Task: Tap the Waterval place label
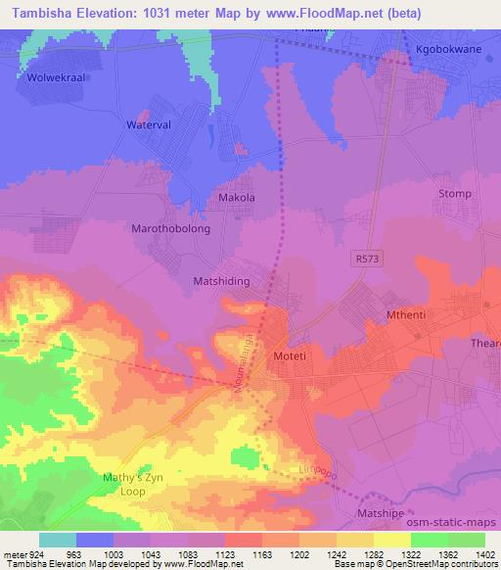[149, 126]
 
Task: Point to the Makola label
[236, 198]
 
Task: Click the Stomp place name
[456, 194]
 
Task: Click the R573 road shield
[364, 256]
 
